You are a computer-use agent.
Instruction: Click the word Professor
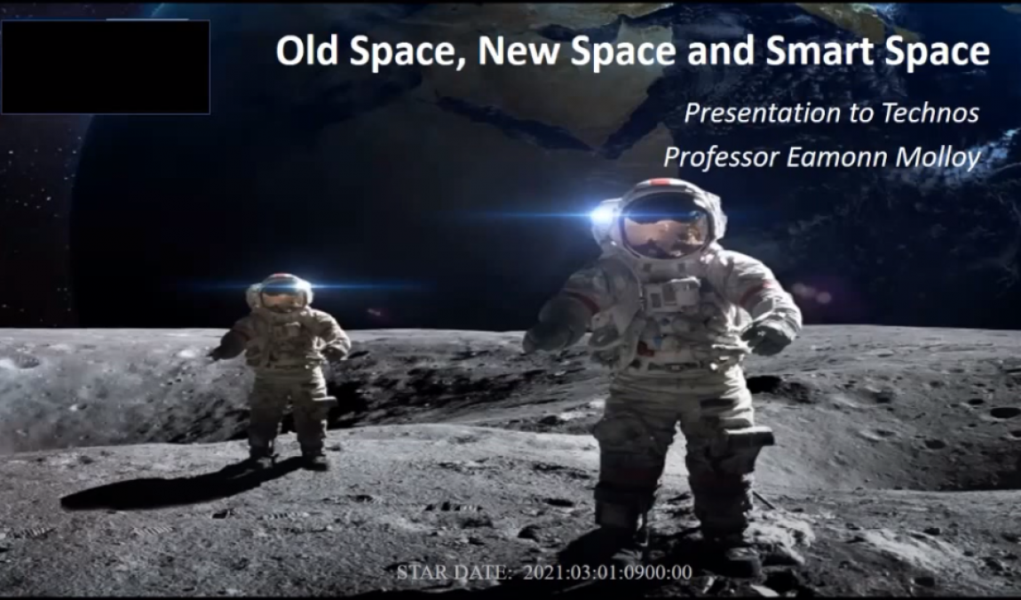click(x=721, y=157)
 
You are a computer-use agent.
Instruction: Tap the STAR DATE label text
click(x=455, y=572)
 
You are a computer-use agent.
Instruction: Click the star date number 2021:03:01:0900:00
click(x=607, y=572)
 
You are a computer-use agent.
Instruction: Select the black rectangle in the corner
click(x=106, y=68)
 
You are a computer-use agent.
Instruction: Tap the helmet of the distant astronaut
click(x=280, y=291)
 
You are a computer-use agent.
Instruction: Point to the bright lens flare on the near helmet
click(x=602, y=214)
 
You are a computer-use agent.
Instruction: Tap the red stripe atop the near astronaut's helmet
click(x=664, y=182)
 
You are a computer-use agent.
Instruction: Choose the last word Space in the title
click(x=934, y=51)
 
